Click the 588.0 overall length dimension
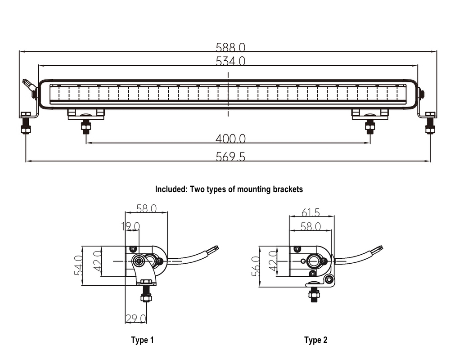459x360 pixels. coord(230,47)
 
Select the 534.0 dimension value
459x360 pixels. coord(230,61)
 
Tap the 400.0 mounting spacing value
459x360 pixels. coord(230,138)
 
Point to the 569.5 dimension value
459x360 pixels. coord(230,157)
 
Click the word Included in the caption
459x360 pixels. coord(170,189)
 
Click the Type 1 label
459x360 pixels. coord(142,340)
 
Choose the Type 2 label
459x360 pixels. coord(315,340)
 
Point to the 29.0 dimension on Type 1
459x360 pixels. coord(136,319)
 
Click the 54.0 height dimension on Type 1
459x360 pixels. coord(78,265)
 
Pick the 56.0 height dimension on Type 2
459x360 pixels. coord(256,266)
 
